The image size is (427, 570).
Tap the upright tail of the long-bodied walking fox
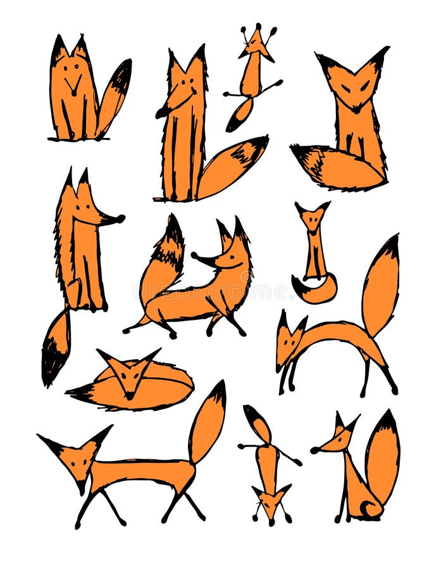tap(207, 421)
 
